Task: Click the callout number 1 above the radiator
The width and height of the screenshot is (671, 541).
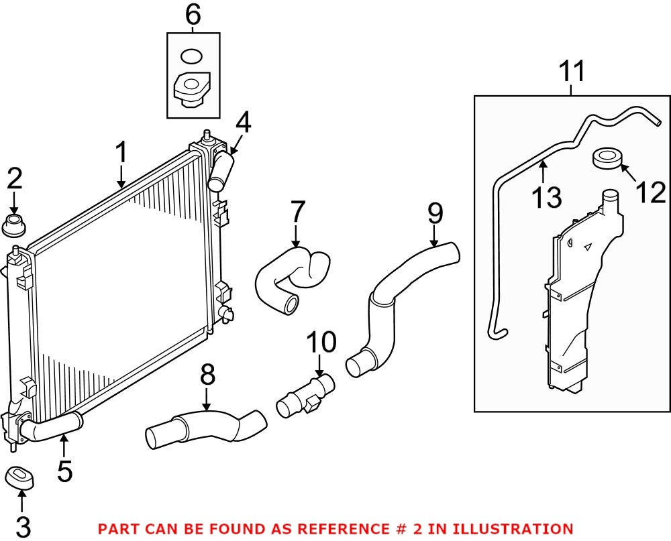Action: (x=121, y=154)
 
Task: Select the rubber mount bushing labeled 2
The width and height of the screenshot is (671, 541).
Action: (x=14, y=226)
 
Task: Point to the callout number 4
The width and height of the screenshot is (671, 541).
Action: (x=242, y=123)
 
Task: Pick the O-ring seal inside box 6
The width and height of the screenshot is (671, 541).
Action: (x=192, y=56)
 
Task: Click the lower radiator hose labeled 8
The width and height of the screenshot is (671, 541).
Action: (x=205, y=428)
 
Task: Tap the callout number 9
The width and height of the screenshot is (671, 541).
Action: (x=435, y=214)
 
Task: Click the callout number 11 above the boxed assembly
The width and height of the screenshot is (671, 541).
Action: (x=572, y=71)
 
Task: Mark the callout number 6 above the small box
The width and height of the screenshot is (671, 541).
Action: (x=193, y=15)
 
